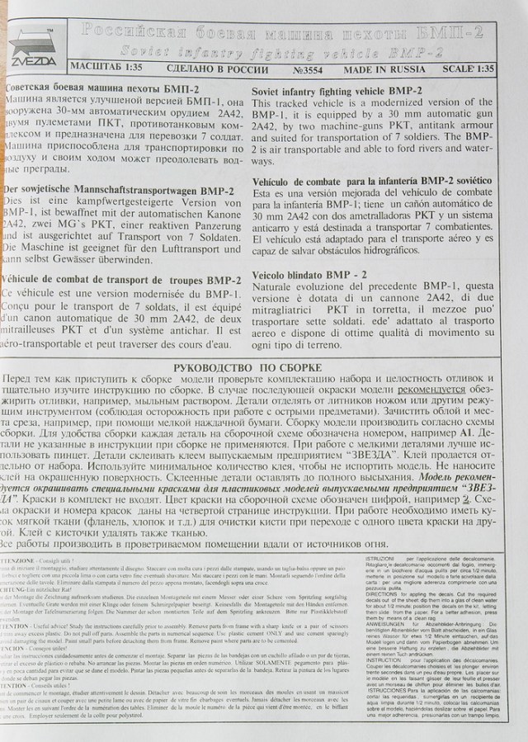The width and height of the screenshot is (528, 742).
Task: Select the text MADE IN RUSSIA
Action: point(386,71)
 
